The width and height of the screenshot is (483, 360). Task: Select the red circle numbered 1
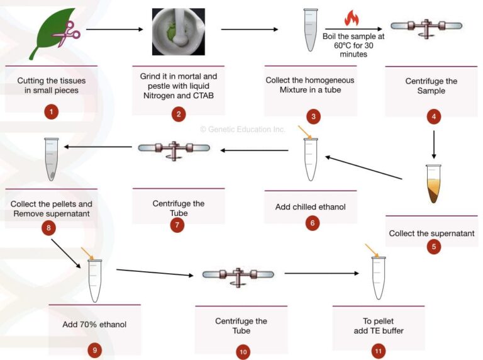click(52, 113)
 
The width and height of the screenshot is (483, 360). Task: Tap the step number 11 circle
click(378, 351)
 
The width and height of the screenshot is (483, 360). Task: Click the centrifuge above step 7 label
click(174, 149)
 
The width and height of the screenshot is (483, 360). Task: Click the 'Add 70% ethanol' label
click(94, 325)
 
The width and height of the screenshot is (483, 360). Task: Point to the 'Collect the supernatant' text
click(431, 233)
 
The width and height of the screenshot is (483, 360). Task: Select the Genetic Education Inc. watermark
click(243, 129)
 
